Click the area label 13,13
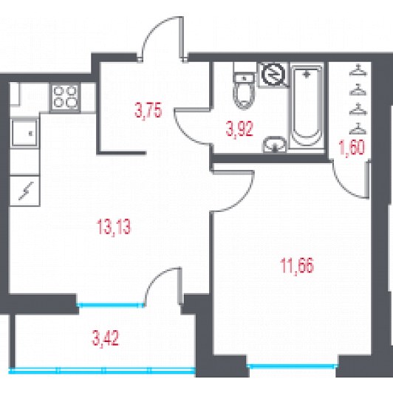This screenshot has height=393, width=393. pos(114,227)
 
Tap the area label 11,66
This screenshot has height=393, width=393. pos(297,267)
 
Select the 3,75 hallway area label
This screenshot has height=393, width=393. pos(148,110)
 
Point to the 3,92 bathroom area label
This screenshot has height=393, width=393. pos(239,129)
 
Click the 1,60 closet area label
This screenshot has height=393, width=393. pos(352,148)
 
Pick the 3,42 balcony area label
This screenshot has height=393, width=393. pos(106,338)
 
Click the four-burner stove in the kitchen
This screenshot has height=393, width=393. pos(65,97)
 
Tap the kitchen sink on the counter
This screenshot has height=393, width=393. pos(24,133)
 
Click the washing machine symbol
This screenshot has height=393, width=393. pos(273,74)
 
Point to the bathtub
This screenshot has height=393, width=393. pos(307,106)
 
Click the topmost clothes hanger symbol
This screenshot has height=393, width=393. pos(358,70)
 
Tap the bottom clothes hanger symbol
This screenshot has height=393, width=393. pos(358,129)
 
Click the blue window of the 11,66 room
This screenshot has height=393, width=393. pos(293,366)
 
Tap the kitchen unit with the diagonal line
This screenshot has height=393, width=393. pos(25,191)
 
